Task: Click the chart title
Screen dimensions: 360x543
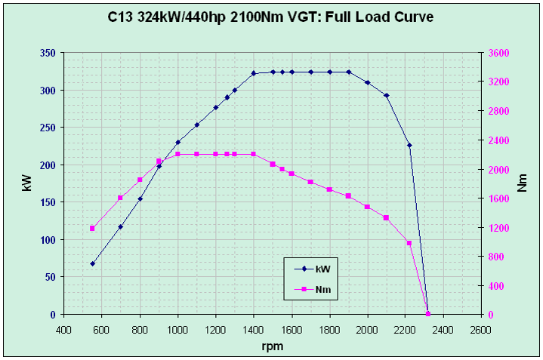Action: [271, 17]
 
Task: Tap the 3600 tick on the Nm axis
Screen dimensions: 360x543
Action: [499, 54]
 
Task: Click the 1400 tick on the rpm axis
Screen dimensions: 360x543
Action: [254, 330]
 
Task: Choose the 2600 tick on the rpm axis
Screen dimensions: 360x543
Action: [481, 330]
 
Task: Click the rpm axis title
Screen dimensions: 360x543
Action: [272, 346]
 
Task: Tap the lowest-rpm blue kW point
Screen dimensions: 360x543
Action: [92, 263]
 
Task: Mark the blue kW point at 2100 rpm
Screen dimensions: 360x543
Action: [387, 96]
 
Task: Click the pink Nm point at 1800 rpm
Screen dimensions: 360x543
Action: [329, 189]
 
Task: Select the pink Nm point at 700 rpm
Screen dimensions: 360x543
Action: [121, 198]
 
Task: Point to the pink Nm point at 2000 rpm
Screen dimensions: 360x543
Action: [368, 207]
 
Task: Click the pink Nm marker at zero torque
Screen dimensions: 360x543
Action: [428, 314]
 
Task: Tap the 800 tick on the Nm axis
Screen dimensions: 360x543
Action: [496, 257]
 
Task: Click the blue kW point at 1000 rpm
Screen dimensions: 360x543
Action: [178, 142]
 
